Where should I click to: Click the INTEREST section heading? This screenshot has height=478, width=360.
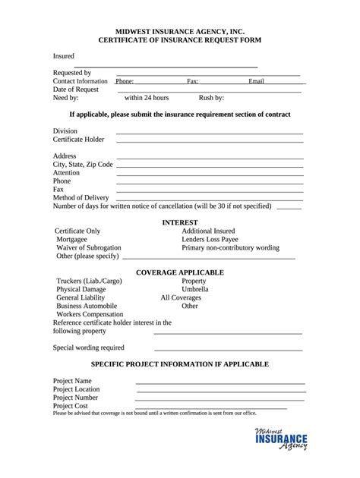coord(179,222)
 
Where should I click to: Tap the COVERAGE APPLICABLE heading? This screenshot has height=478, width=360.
coord(179,272)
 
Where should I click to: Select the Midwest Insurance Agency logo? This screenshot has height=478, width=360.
coord(281,439)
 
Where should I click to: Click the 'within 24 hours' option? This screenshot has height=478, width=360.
coord(147,98)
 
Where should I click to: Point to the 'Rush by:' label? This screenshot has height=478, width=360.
coord(211,98)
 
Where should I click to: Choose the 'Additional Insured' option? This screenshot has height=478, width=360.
coord(208,231)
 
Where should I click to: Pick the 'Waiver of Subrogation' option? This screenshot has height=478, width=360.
coord(89,247)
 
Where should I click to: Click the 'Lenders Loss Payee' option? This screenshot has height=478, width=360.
coord(210,239)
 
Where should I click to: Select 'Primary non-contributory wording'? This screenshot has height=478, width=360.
coord(230,247)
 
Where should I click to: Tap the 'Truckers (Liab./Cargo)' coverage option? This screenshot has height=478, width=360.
coord(90,281)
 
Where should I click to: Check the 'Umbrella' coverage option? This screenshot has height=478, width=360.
coord(195,289)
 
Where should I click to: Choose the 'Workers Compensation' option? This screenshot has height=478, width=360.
coord(90,314)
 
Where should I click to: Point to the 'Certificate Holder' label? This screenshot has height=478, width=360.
coord(78,140)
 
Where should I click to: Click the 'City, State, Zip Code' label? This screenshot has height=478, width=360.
coord(83,164)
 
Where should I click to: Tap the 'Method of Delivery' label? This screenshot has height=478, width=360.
coord(81,197)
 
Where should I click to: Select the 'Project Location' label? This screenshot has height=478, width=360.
coord(76,388)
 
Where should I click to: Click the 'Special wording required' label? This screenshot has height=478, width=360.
coord(88,347)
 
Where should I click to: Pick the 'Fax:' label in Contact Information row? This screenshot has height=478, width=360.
coord(193,80)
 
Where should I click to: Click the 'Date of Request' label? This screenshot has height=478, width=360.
coord(76,90)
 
